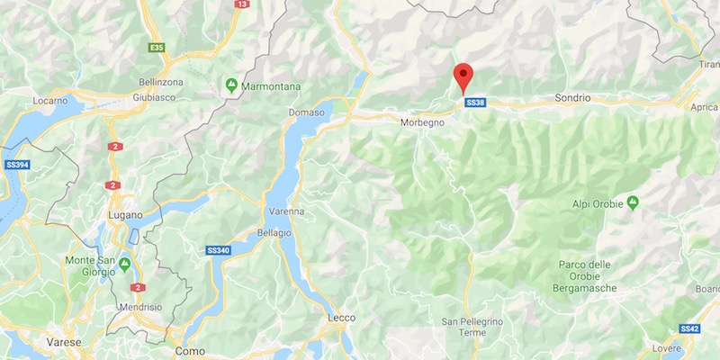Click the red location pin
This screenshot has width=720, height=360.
463,76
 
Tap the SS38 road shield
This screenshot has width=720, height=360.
475,103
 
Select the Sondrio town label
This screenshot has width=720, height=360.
572,96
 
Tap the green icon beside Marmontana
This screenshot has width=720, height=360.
231,86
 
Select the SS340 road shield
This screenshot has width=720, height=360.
220,250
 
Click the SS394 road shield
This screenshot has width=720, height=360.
17,166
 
